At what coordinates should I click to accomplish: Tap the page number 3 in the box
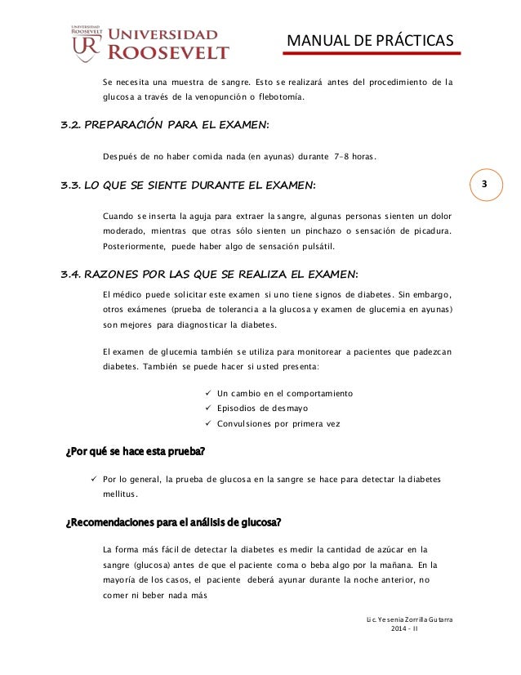coord(484,184)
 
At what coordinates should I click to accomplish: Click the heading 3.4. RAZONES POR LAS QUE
coord(209,273)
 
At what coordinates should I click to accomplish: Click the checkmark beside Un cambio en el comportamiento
coord(210,393)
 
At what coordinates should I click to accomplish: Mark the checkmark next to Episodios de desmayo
coord(210,408)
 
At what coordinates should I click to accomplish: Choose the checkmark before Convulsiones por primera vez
coord(210,423)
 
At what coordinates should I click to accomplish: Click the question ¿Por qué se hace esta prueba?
coord(135,452)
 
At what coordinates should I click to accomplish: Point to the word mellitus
coord(120,494)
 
